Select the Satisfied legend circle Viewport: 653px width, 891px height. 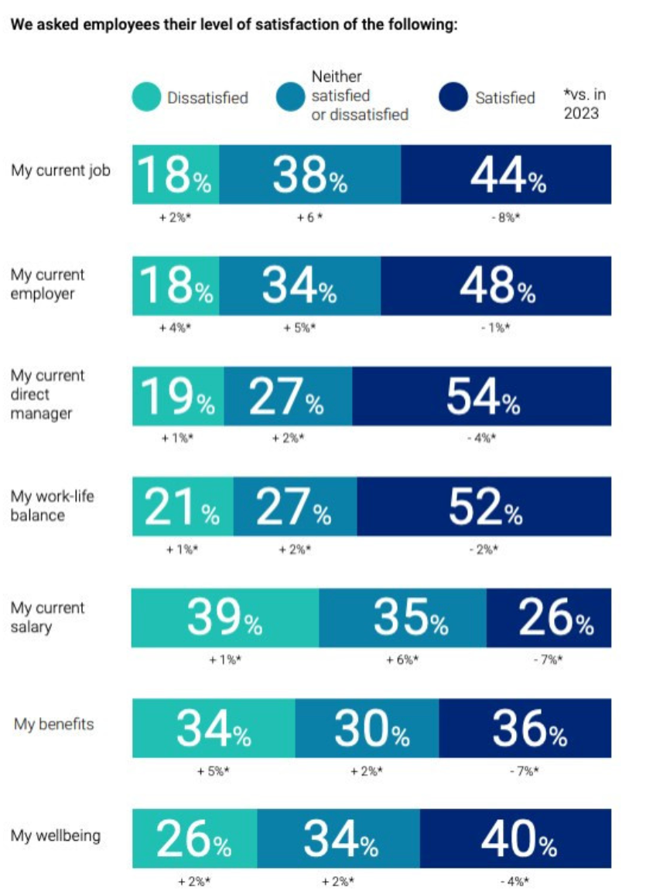pyautogui.click(x=453, y=97)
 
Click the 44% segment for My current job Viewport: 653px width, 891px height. pyautogui.click(x=506, y=175)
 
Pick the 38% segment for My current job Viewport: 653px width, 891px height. pyautogui.click(x=309, y=175)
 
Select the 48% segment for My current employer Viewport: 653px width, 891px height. pyautogui.click(x=495, y=286)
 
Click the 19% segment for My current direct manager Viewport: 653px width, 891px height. pyautogui.click(x=178, y=397)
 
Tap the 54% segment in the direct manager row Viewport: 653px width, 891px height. pyautogui.click(x=481, y=397)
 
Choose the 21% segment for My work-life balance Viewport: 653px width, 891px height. pyautogui.click(x=183, y=507)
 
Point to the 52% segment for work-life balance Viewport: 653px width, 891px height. pyautogui.click(x=484, y=507)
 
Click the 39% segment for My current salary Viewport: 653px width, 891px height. pyautogui.click(x=224, y=618)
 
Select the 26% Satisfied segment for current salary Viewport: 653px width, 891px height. pyautogui.click(x=549, y=618)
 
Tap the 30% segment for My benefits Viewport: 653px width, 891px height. pyautogui.click(x=367, y=729)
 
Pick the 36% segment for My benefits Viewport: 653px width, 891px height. pyautogui.click(x=525, y=729)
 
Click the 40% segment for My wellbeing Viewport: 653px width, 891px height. pyautogui.click(x=515, y=839)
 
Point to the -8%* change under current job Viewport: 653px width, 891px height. pyautogui.click(x=505, y=217)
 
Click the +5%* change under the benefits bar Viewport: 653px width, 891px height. pyautogui.click(x=214, y=771)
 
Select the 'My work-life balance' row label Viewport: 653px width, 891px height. pyautogui.click(x=52, y=505)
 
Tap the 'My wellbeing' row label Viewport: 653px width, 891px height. pyautogui.click(x=55, y=836)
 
